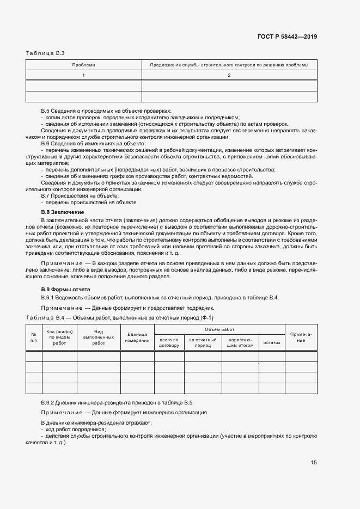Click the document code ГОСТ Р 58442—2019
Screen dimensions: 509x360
[286, 37]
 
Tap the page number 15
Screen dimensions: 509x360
[313, 463]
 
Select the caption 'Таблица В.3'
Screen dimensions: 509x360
[45, 53]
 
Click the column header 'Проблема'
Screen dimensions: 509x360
[83, 65]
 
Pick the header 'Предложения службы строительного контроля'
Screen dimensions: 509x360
[229, 65]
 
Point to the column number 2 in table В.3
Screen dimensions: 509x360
[229, 75]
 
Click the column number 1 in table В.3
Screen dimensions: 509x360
[83, 75]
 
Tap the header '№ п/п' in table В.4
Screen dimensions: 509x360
[34, 337]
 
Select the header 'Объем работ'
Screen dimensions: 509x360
[219, 330]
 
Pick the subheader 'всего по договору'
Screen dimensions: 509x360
[169, 342]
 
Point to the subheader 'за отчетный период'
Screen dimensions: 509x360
[202, 342]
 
